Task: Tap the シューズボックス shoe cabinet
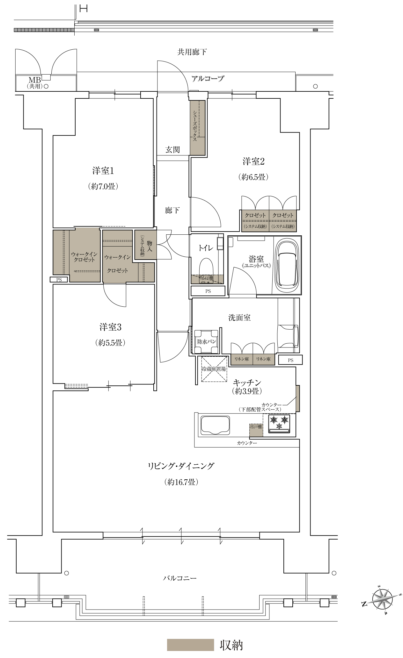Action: click(x=198, y=127)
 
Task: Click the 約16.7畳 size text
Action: click(x=181, y=482)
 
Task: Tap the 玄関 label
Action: click(x=172, y=149)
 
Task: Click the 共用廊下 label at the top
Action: click(x=192, y=52)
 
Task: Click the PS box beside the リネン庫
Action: click(x=290, y=360)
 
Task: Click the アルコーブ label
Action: click(x=208, y=78)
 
